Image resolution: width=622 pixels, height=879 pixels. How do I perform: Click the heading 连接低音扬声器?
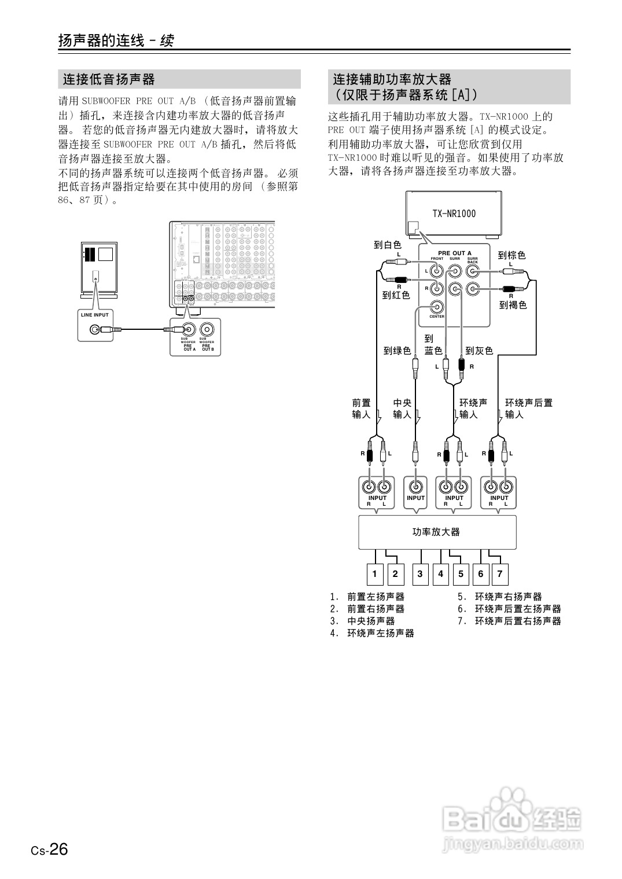tap(109, 79)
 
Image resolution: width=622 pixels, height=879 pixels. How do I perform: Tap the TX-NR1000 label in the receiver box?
tap(454, 214)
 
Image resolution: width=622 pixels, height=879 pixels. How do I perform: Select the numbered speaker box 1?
tap(375, 574)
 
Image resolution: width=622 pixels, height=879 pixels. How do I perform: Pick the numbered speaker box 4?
tap(440, 574)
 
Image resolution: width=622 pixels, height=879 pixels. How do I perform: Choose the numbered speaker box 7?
tap(499, 574)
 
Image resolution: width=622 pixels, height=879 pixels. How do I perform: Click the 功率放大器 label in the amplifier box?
tap(436, 532)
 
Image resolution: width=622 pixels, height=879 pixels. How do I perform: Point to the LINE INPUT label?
tap(95, 315)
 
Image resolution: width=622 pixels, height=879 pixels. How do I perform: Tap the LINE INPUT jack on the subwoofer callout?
tap(94, 330)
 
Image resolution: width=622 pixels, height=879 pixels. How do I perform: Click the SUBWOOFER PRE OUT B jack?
tap(207, 330)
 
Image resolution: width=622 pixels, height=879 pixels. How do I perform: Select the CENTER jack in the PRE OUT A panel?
tap(437, 307)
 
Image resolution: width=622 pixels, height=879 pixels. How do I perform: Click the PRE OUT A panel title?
tap(454, 253)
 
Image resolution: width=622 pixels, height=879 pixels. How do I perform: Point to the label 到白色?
tap(387, 245)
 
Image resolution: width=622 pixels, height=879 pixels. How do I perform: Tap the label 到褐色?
tap(513, 305)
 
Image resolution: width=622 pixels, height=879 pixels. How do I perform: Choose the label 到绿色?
tap(397, 351)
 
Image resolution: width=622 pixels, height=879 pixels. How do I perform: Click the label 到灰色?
tap(479, 351)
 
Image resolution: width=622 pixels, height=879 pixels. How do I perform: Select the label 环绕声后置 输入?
tap(528, 409)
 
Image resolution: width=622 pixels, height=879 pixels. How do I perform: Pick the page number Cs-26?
tap(50, 850)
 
